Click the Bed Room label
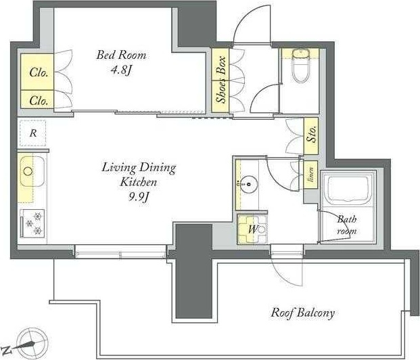click(121, 55)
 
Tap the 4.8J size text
click(121, 70)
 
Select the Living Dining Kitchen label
click(139, 175)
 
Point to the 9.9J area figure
click(139, 198)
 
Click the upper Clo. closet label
click(39, 72)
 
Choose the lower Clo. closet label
click(39, 101)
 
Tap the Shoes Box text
click(222, 80)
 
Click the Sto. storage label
click(312, 134)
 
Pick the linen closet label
click(311, 175)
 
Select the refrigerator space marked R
click(33, 133)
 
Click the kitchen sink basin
click(32, 172)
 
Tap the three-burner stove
click(32, 223)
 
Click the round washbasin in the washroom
click(249, 185)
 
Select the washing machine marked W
click(252, 229)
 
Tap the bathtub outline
click(348, 189)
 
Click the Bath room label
click(347, 225)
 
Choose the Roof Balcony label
click(303, 313)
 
